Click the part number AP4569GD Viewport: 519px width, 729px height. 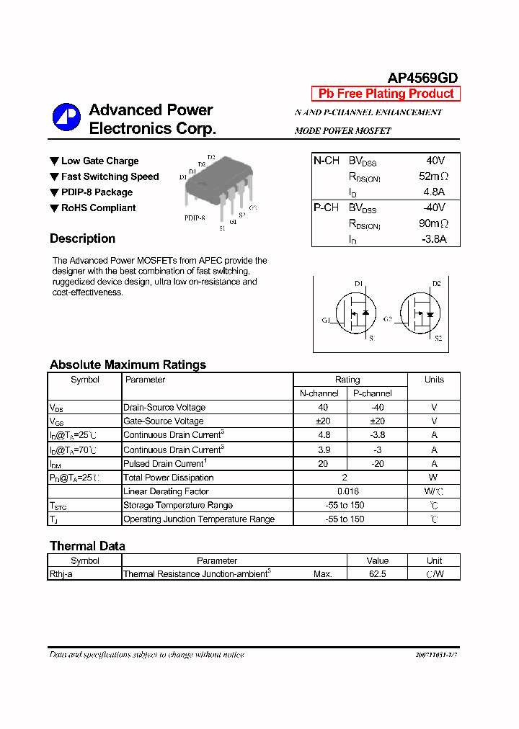pyautogui.click(x=422, y=78)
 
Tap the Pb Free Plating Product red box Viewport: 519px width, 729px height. pyautogui.click(x=386, y=94)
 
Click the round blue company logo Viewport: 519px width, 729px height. pyautogui.click(x=66, y=117)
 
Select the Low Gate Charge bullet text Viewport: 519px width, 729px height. pyautogui.click(x=99, y=161)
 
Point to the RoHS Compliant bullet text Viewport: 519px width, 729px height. pyautogui.click(x=98, y=208)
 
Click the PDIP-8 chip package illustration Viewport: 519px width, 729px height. pyautogui.click(x=217, y=187)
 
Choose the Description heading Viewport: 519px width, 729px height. pyautogui.click(x=82, y=239)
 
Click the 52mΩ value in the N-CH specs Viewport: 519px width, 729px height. pyautogui.click(x=433, y=176)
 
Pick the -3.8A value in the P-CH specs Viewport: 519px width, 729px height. pyautogui.click(x=432, y=239)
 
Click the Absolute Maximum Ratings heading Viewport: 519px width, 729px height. pyautogui.click(x=128, y=364)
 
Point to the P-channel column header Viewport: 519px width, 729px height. pyautogui.click(x=372, y=393)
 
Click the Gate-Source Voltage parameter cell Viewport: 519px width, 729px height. pyautogui.click(x=164, y=421)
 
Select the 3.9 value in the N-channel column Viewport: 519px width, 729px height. pyautogui.click(x=324, y=450)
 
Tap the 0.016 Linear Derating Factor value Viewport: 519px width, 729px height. pyautogui.click(x=347, y=491)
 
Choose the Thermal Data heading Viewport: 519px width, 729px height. pyautogui.click(x=87, y=546)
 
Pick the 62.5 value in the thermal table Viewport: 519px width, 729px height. pyautogui.click(x=377, y=574)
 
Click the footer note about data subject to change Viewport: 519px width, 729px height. pyautogui.click(x=146, y=655)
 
